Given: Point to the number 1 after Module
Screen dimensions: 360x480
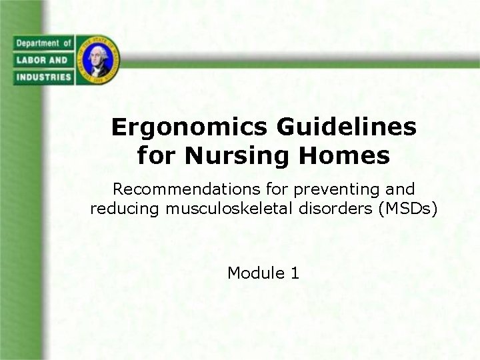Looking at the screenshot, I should point(295,273).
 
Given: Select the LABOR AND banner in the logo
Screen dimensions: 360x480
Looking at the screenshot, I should point(41,60).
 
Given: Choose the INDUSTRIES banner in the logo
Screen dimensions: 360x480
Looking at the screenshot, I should point(41,77).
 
